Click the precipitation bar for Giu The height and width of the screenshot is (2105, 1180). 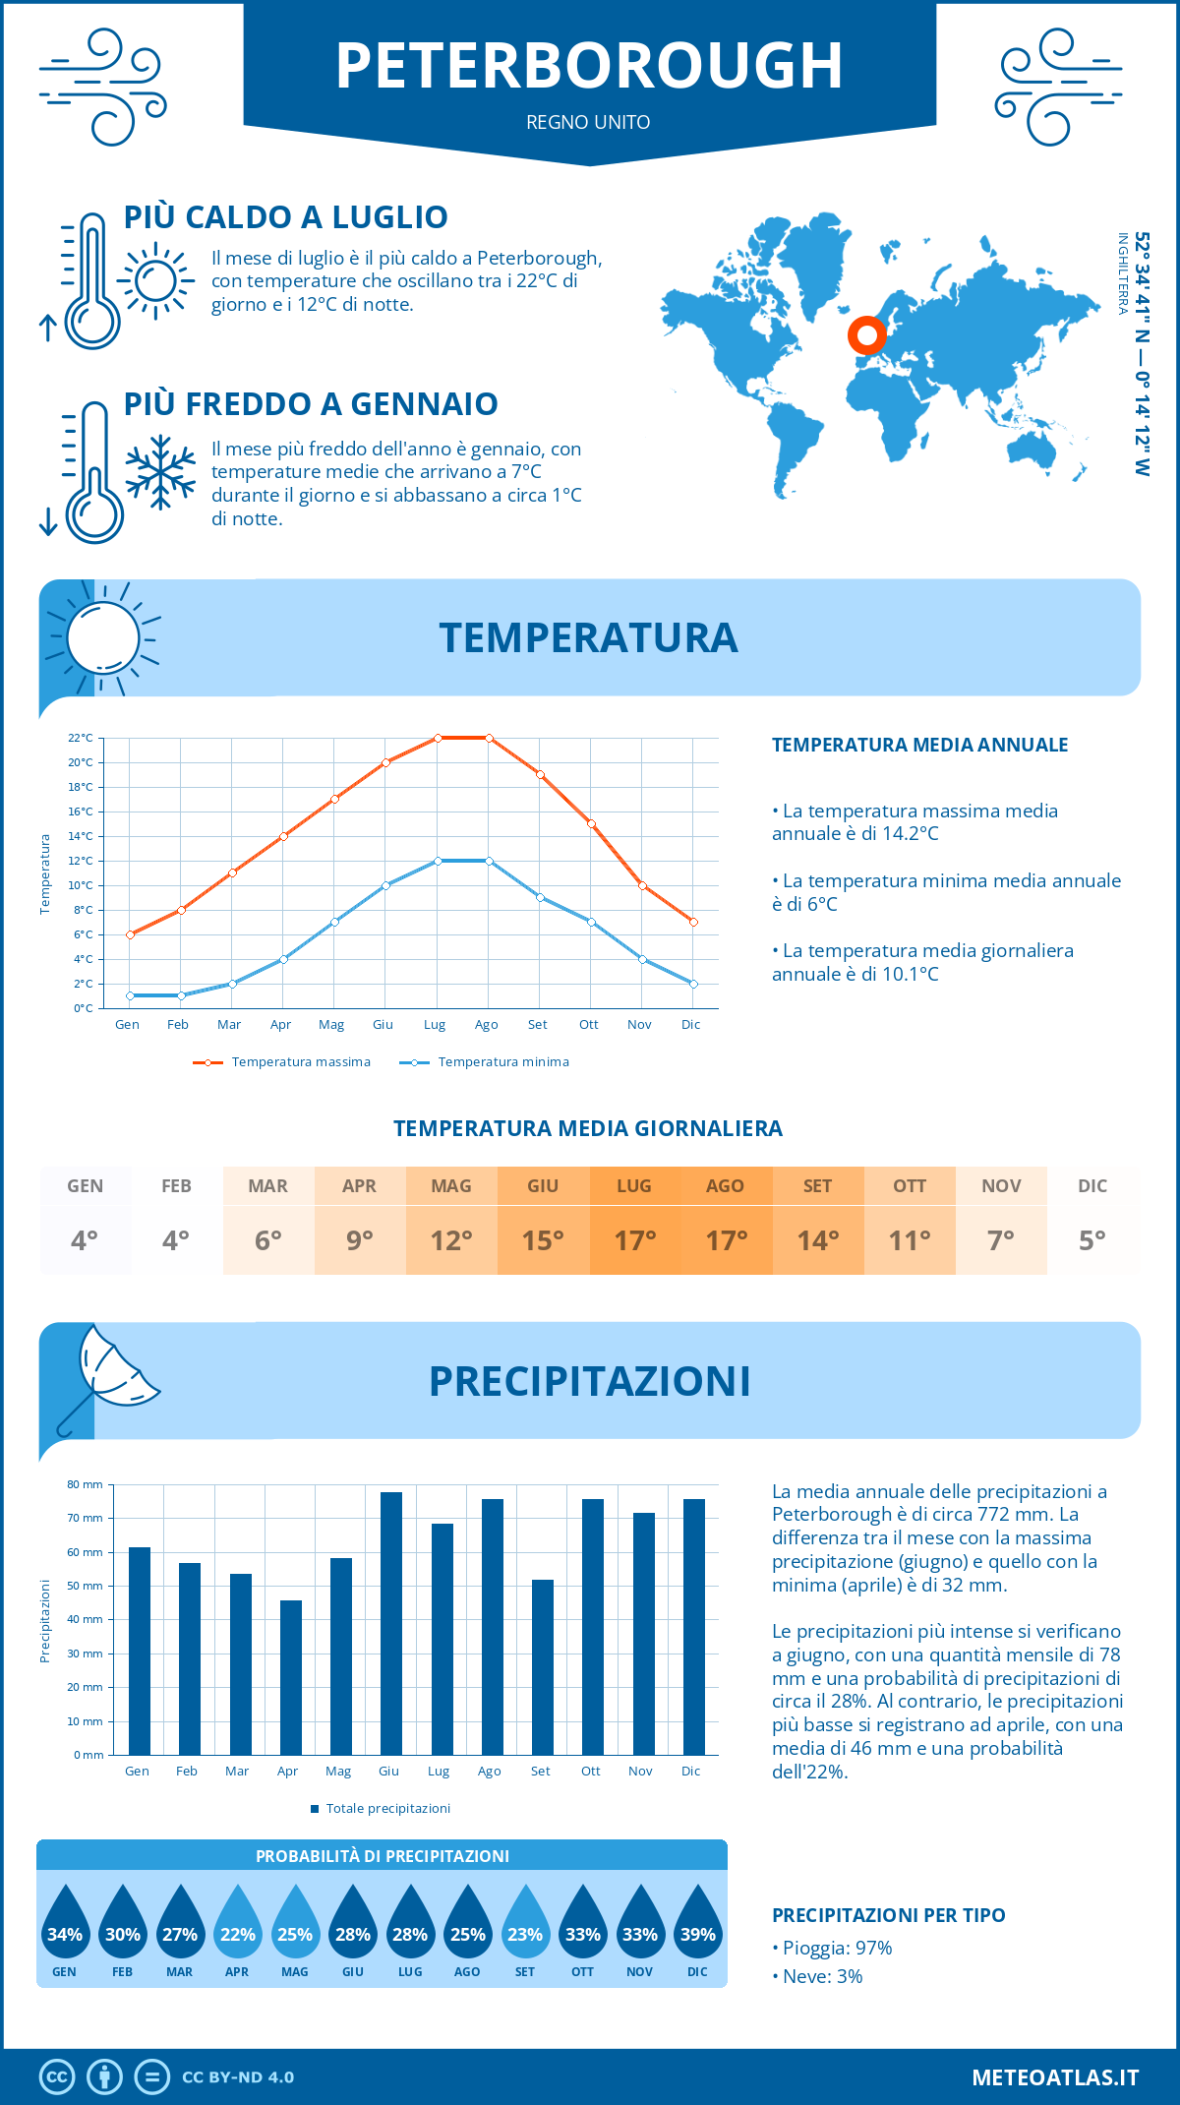390,1623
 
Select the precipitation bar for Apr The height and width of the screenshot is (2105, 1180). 290,1677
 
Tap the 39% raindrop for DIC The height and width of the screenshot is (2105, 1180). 697,1922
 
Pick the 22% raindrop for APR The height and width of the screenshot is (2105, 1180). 237,1922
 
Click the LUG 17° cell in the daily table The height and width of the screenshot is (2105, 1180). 634,1221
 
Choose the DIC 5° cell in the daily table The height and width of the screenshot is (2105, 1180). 1092,1221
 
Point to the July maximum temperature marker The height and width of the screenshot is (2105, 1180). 438,738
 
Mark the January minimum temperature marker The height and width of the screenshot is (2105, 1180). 130,995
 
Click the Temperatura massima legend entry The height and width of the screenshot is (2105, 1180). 283,1062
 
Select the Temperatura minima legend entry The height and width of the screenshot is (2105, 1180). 486,1062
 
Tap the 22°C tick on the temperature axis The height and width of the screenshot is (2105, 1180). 81,738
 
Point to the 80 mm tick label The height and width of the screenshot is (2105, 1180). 86,1484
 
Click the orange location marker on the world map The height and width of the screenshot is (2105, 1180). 866,336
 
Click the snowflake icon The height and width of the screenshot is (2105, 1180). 160,472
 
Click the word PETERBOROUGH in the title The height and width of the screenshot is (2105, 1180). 589,66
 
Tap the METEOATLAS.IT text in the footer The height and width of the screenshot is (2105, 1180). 1054,2077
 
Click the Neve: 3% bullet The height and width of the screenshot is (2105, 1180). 819,1976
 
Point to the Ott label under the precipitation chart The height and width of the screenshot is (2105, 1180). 590,1771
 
